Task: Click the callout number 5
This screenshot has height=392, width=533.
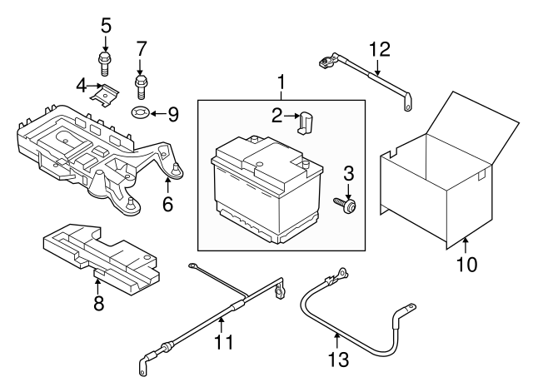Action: point(106,25)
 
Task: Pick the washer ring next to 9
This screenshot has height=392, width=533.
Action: point(139,112)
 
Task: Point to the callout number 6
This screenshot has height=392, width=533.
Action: point(167,203)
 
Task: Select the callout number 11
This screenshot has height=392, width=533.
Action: point(222,342)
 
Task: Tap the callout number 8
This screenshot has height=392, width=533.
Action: point(98,305)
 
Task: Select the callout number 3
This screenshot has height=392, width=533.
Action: point(349,173)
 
